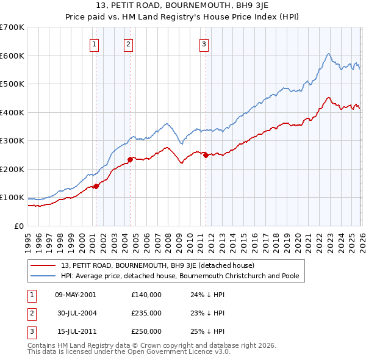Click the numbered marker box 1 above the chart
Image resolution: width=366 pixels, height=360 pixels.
coord(95,43)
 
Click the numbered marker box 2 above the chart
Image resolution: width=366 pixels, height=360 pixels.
coord(129,43)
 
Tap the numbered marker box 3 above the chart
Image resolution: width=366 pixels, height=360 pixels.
coord(204,43)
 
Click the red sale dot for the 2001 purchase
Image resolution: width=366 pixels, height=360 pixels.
coord(96,186)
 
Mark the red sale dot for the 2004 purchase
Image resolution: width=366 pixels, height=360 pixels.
coord(131,159)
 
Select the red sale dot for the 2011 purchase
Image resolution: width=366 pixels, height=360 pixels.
coord(206,155)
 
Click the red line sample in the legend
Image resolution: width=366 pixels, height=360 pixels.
coord(43,265)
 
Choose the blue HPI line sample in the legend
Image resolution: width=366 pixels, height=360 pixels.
coord(43,276)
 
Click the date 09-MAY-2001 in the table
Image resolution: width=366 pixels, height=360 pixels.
coord(75,295)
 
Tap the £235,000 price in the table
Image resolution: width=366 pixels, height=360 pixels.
coord(146,313)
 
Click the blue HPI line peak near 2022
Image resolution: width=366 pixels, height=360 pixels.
coord(328,54)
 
